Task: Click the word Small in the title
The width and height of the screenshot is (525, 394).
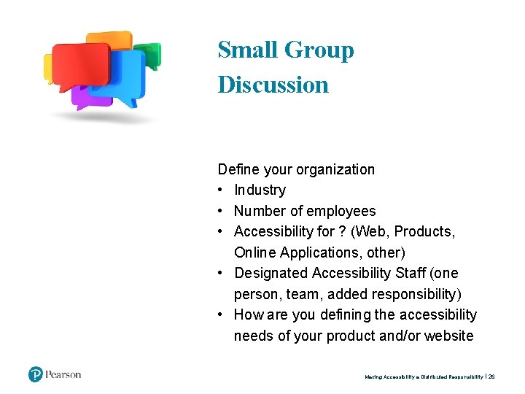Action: pyautogui.click(x=248, y=50)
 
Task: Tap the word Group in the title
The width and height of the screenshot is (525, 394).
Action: pyautogui.click(x=319, y=50)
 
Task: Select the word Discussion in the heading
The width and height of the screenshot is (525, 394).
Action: pyautogui.click(x=273, y=85)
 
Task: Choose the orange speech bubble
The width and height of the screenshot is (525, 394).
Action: pyautogui.click(x=109, y=39)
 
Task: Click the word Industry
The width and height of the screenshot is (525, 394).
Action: pyautogui.click(x=260, y=190)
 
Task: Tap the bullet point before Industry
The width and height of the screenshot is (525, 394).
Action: pyautogui.click(x=222, y=190)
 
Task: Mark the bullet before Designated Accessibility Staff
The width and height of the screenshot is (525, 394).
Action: pyautogui.click(x=222, y=274)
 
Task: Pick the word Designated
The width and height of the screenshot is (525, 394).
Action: pyautogui.click(x=271, y=274)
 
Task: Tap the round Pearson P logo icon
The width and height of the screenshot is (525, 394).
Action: pyautogui.click(x=36, y=375)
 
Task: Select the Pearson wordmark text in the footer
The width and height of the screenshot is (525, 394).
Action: pyautogui.click(x=63, y=375)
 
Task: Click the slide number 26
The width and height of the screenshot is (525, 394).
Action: pyautogui.click(x=491, y=377)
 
